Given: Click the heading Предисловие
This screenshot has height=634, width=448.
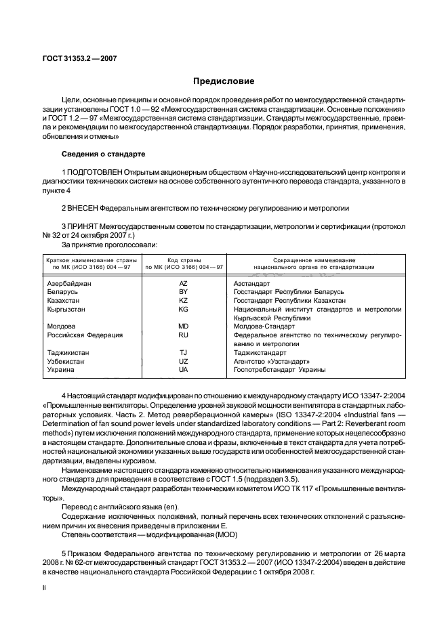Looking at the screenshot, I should tap(224, 82).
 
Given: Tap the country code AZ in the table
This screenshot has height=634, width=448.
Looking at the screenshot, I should tap(183, 283).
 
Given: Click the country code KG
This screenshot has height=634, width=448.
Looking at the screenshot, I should tap(183, 309).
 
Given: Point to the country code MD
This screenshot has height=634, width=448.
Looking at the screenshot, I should tap(183, 326).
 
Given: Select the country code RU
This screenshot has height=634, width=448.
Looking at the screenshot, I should tap(183, 335).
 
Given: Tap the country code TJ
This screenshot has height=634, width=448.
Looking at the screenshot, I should tap(183, 352).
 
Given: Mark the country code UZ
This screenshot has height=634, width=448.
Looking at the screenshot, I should tap(183, 361).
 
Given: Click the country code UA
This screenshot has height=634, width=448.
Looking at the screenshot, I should tap(183, 370).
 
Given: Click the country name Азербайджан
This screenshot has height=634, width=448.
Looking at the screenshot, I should tap(65, 283).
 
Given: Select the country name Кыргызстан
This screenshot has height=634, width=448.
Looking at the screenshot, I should tap(63, 309).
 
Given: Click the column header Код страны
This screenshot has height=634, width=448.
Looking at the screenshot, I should tap(183, 259).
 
